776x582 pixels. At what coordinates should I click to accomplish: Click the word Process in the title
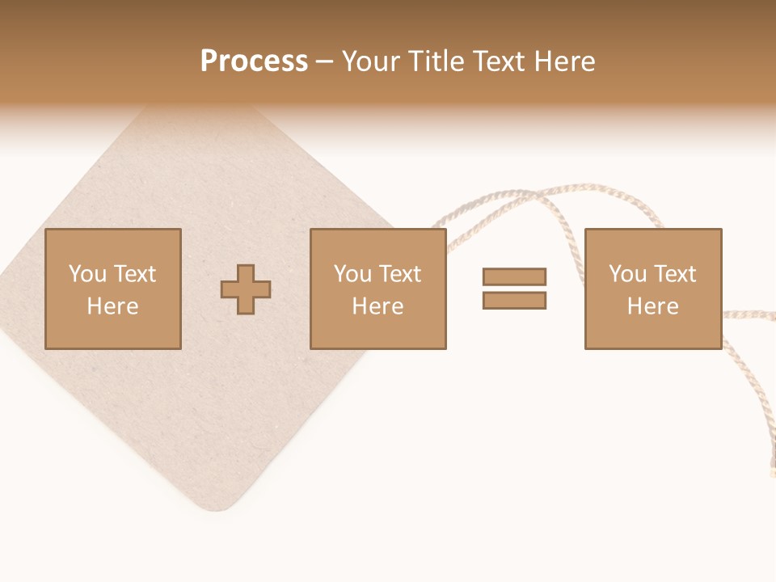pyautogui.click(x=254, y=61)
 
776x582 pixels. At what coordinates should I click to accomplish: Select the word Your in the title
pyautogui.click(x=373, y=61)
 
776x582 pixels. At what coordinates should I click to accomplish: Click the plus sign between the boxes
pyautogui.click(x=246, y=289)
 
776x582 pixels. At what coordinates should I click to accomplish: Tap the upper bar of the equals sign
pyautogui.click(x=514, y=276)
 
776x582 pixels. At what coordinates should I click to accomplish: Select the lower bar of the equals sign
pyautogui.click(x=514, y=300)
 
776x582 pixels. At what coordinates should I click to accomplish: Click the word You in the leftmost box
pyautogui.click(x=87, y=274)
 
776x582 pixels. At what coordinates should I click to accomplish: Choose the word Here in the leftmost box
pyautogui.click(x=112, y=306)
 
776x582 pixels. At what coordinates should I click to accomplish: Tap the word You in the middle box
pyautogui.click(x=352, y=274)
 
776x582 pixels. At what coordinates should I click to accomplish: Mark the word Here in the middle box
pyautogui.click(x=377, y=306)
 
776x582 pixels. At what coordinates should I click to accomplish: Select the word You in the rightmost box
pyautogui.click(x=627, y=274)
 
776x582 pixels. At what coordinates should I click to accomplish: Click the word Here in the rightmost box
pyautogui.click(x=652, y=306)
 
